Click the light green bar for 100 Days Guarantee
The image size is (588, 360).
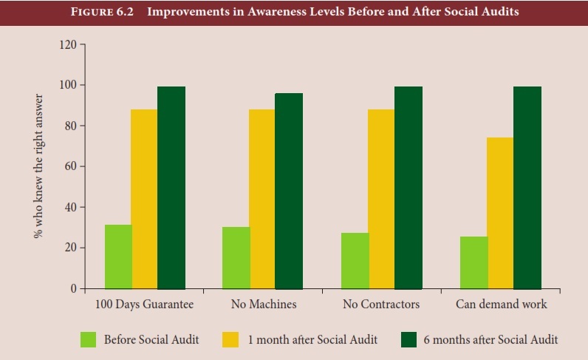[x=118, y=257]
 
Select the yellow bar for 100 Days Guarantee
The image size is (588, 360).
[x=144, y=199]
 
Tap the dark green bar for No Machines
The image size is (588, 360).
[x=289, y=191]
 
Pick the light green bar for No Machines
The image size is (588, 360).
[x=236, y=257]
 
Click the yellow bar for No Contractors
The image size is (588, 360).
[x=381, y=199]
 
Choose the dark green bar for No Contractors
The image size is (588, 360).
[x=408, y=188]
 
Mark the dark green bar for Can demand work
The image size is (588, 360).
[x=527, y=188]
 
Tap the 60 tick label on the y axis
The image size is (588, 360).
[x=69, y=167]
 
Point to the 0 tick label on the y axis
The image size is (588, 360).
[x=72, y=289]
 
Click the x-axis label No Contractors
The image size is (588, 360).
[x=381, y=305]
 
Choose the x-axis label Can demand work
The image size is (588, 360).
[x=501, y=305]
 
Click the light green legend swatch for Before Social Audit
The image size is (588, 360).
[x=89, y=339]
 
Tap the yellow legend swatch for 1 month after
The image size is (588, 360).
[x=230, y=339]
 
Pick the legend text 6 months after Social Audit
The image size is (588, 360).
[x=490, y=339]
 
